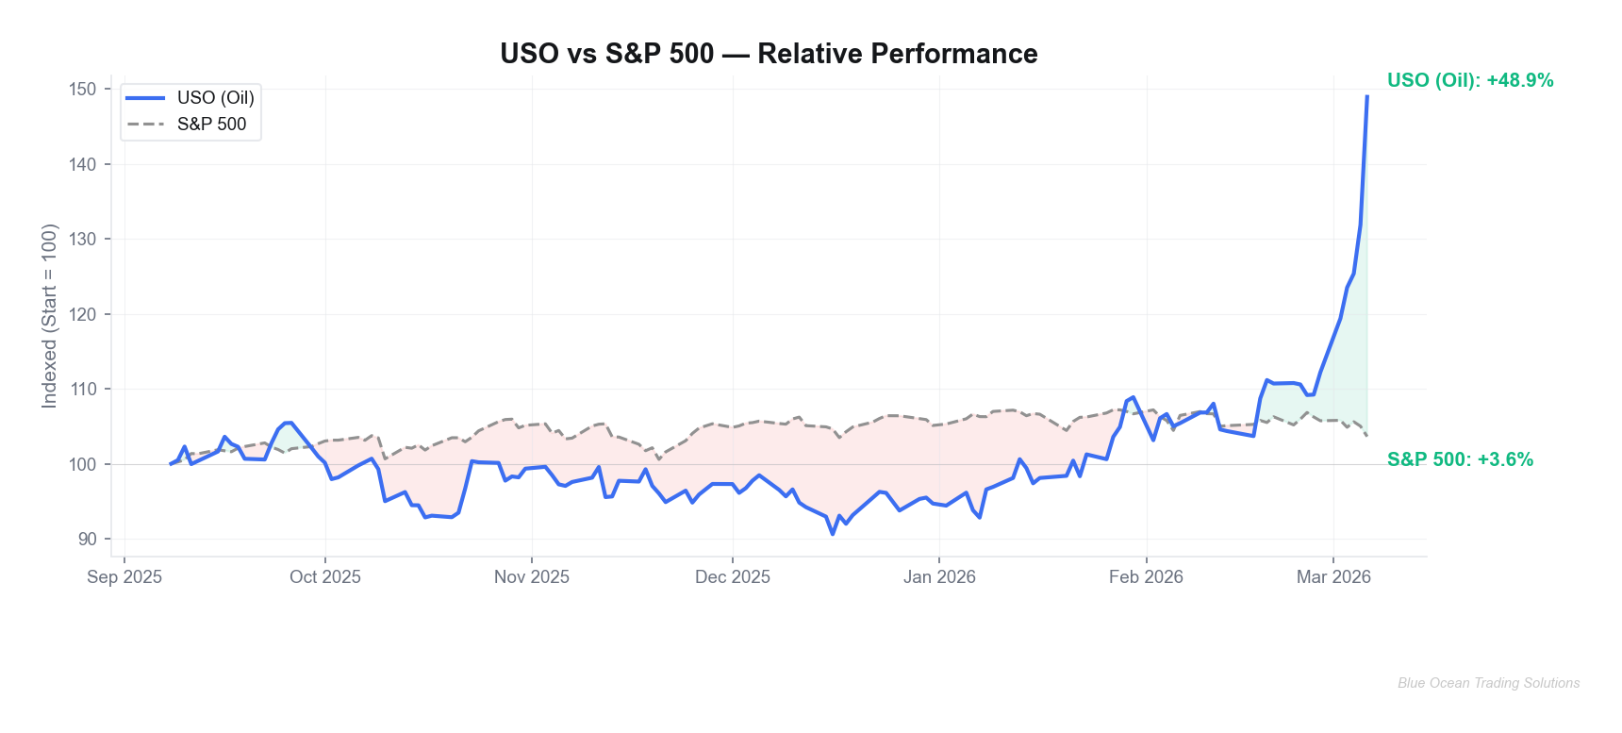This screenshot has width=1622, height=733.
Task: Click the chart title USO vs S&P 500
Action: pyautogui.click(x=769, y=54)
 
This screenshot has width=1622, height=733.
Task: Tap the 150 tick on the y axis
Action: pyautogui.click(x=83, y=90)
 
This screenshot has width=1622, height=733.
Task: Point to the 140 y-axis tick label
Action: pyautogui.click(x=83, y=164)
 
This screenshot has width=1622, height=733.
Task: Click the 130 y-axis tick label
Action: pyautogui.click(x=83, y=240)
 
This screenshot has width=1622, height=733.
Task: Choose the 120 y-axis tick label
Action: pyautogui.click(x=83, y=314)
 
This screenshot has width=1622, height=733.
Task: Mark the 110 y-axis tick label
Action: pyautogui.click(x=83, y=389)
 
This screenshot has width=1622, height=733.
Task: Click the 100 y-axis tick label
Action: pyautogui.click(x=83, y=464)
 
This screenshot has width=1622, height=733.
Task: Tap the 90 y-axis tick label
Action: pyautogui.click(x=88, y=539)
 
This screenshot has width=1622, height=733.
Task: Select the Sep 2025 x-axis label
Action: pyautogui.click(x=124, y=577)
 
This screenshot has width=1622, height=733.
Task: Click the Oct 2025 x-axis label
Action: pyautogui.click(x=325, y=577)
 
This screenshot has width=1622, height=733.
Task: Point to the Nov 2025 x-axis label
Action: pyautogui.click(x=532, y=577)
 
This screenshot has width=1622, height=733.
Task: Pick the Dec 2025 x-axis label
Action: pyautogui.click(x=733, y=577)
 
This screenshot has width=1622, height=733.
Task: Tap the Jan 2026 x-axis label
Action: pyautogui.click(x=939, y=577)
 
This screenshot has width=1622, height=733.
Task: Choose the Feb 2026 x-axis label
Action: pyautogui.click(x=1146, y=577)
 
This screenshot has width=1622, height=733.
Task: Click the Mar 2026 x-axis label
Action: pyautogui.click(x=1333, y=577)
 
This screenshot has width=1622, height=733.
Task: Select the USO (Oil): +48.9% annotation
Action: pyautogui.click(x=1470, y=81)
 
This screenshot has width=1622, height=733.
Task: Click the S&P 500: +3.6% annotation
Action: pyautogui.click(x=1460, y=460)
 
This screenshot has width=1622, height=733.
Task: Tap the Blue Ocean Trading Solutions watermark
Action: pyautogui.click(x=1488, y=683)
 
